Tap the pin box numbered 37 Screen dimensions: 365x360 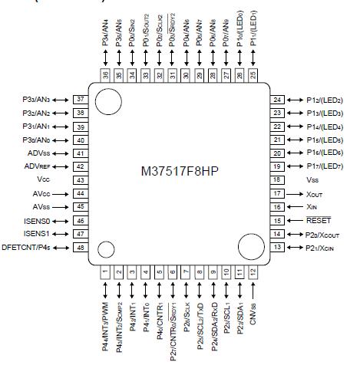(79, 100)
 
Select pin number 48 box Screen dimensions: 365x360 (79, 247)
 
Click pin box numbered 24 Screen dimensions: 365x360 (276, 100)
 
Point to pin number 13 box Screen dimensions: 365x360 (276, 247)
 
